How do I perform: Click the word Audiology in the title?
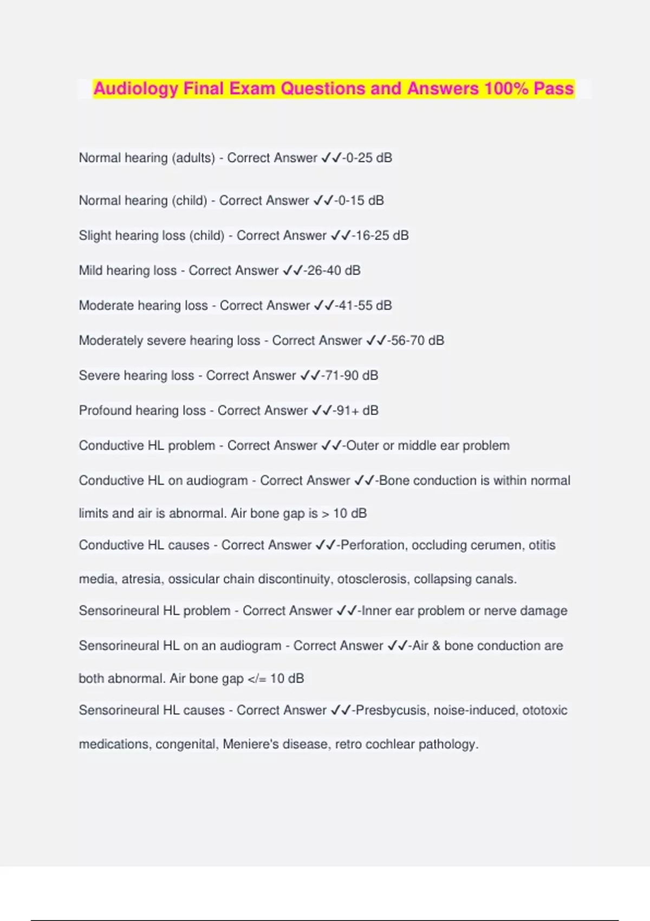point(135,88)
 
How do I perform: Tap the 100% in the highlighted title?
point(506,88)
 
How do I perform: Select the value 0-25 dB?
point(368,158)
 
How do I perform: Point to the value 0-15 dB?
point(360,200)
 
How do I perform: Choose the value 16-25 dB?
point(382,236)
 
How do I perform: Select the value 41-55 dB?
point(364,306)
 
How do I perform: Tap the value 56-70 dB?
point(417,340)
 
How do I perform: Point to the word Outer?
point(362,445)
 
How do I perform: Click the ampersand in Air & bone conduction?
point(437,646)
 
